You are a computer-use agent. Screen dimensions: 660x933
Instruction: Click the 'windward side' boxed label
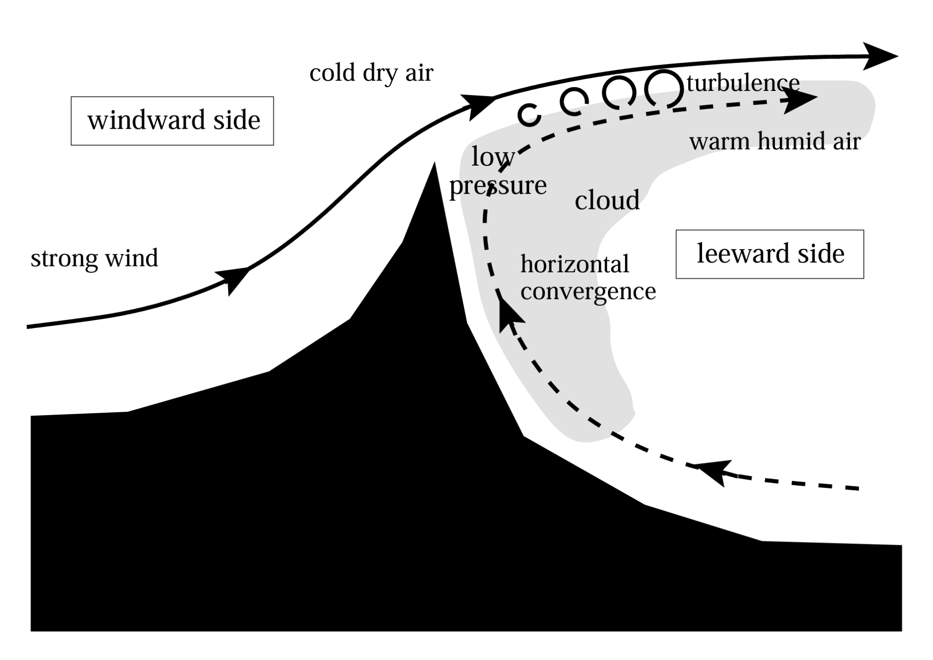[172, 121]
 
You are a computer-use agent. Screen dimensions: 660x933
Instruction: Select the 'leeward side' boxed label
[770, 254]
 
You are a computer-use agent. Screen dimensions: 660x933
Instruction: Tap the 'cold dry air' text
[371, 73]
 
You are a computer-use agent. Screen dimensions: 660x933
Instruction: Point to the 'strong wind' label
[94, 258]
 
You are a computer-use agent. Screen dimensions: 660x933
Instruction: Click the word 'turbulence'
[743, 83]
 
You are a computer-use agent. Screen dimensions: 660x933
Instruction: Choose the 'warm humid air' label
[775, 141]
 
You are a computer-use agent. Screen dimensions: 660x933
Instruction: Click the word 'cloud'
[607, 200]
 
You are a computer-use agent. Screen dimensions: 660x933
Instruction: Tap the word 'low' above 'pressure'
[493, 157]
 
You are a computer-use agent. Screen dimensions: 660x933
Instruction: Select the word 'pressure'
[498, 186]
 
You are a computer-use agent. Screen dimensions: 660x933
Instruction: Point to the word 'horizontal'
[575, 264]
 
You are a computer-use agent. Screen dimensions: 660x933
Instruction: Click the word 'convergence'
[588, 291]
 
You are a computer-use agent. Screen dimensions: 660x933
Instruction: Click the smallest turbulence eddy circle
[529, 115]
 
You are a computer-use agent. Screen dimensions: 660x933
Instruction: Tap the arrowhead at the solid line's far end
[879, 56]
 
